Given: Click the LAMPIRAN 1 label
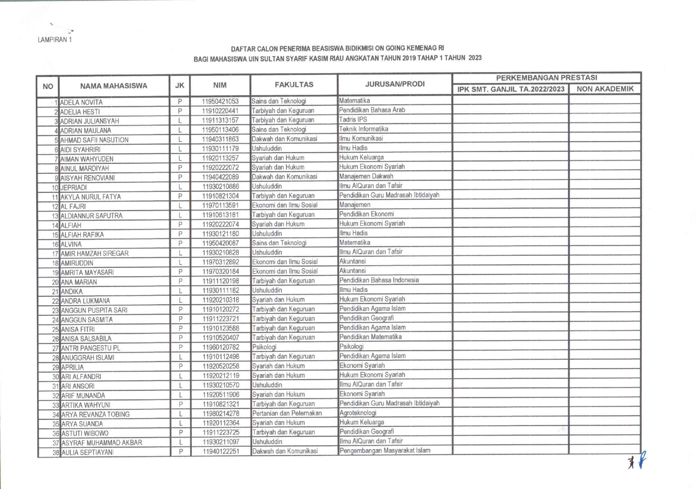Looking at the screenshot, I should (55, 39).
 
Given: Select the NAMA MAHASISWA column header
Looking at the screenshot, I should (113, 86).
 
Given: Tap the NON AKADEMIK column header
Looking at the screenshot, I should (605, 89).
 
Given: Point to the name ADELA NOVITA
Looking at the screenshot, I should (81, 102).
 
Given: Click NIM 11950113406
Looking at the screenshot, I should (220, 130).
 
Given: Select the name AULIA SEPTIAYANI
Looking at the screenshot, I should (87, 452).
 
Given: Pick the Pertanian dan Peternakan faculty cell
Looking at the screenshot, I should (287, 413).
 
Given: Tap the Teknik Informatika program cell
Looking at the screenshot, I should (363, 129).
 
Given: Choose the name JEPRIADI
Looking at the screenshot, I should (74, 188).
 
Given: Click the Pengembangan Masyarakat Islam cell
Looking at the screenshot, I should (385, 450).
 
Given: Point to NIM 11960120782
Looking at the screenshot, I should (221, 347).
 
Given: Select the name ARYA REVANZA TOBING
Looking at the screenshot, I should (95, 415).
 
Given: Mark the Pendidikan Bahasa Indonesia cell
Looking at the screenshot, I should (379, 280).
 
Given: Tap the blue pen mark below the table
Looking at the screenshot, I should (642, 460).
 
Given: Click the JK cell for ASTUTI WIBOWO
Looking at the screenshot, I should (181, 433).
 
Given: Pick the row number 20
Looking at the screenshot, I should (55, 282).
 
